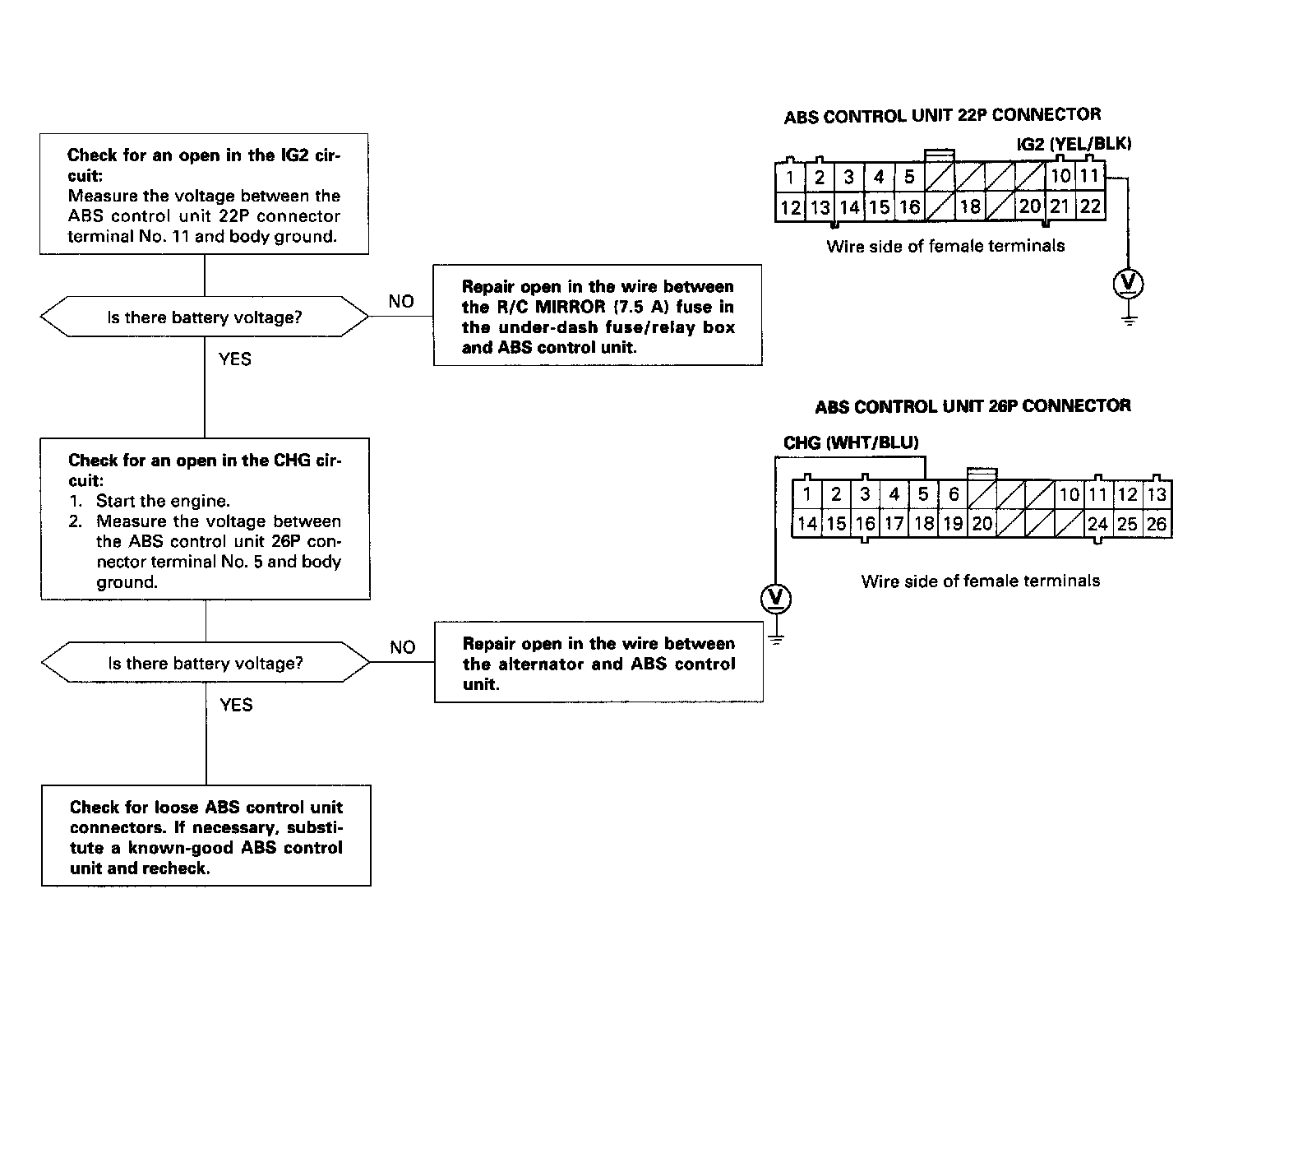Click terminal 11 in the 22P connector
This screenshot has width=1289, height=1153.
pos(1089,176)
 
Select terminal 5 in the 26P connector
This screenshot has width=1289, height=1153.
pos(923,494)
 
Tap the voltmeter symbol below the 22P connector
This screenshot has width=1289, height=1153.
pos(1129,284)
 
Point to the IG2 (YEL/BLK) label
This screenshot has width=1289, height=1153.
pos(1074,144)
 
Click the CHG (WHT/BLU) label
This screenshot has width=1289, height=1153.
pos(851,442)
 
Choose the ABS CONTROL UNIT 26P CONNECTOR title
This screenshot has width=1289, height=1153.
pos(973,406)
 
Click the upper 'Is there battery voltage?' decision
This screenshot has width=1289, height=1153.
pos(205,317)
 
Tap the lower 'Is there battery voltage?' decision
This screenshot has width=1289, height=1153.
pos(206,663)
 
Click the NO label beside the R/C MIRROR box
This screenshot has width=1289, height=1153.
pos(401,302)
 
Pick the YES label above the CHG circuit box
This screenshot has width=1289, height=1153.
pos(235,359)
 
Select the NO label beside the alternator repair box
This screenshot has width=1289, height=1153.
pos(403,648)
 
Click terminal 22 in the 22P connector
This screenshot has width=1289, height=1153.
pos(1090,206)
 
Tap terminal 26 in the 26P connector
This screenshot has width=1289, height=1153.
pos(1157,524)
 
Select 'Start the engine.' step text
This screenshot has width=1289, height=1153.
pos(163,501)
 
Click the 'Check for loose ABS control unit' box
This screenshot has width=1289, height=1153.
pos(206,836)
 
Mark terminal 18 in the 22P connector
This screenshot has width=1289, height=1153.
pos(971,206)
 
